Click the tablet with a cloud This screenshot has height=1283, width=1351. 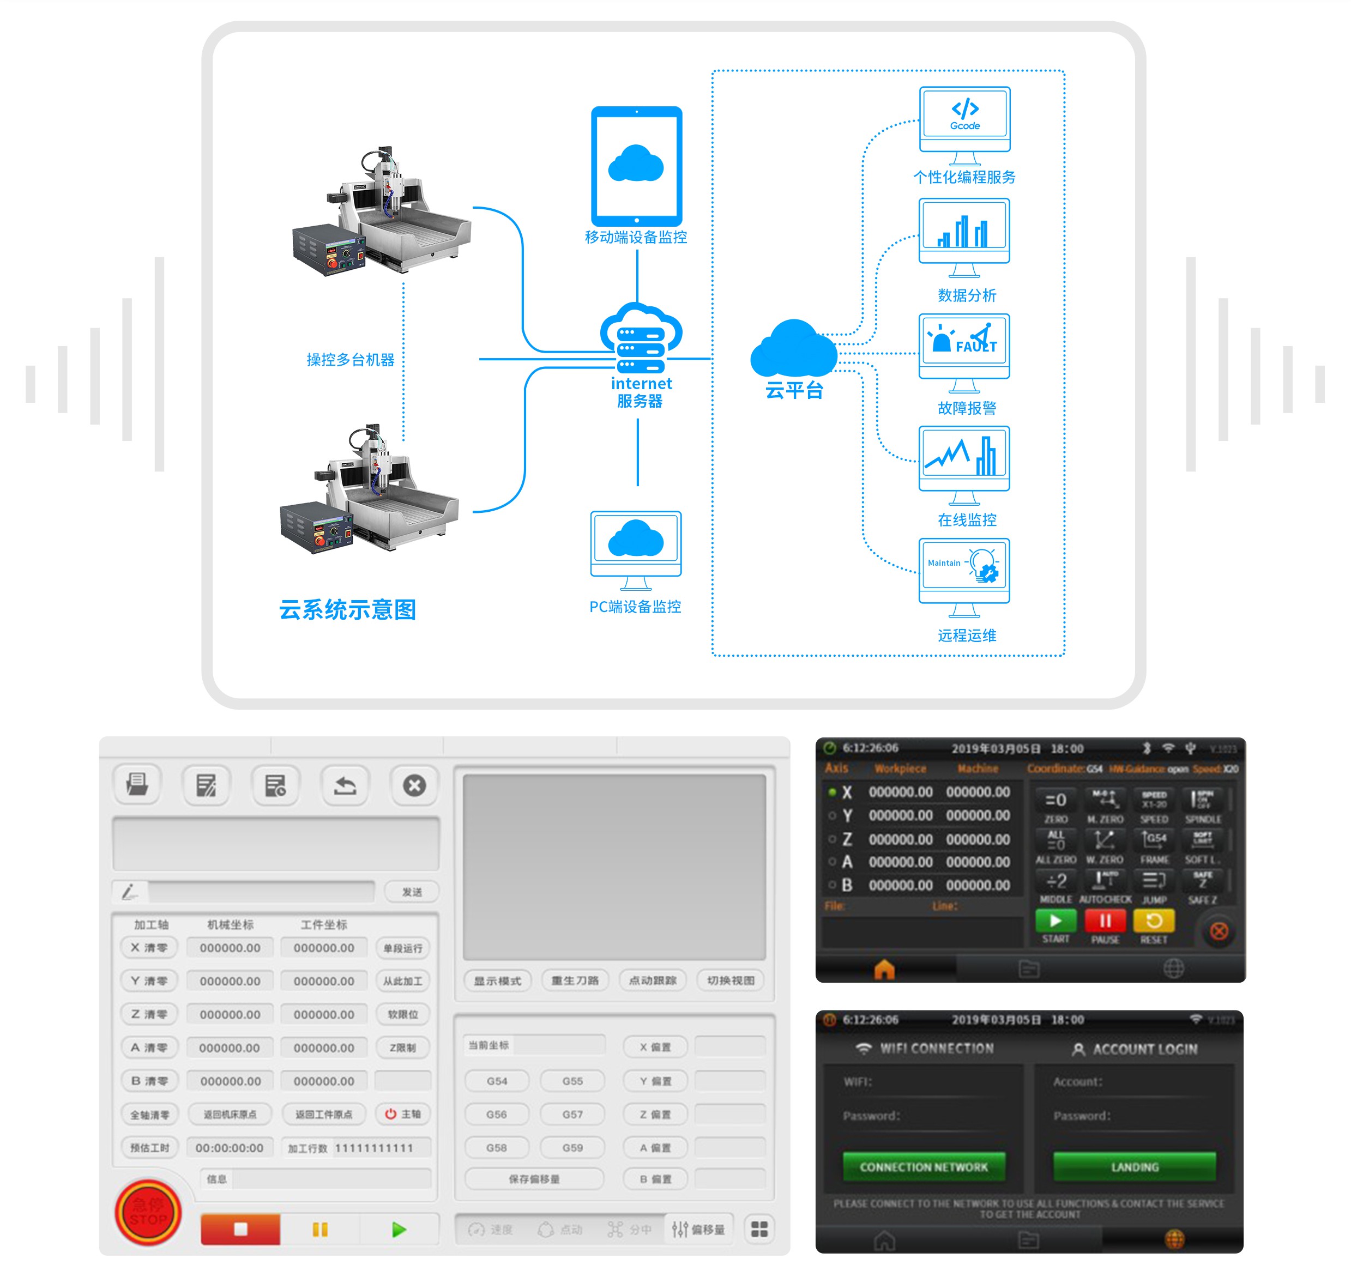[636, 166]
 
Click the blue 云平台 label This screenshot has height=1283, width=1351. [793, 390]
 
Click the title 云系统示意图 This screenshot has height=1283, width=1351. [347, 609]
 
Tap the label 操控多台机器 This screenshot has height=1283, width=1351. [350, 360]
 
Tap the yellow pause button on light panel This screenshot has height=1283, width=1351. [319, 1230]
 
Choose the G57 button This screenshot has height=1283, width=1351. [572, 1114]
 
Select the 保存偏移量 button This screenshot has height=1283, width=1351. [534, 1179]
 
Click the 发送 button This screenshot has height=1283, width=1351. [411, 892]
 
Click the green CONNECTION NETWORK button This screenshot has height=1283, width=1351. [924, 1167]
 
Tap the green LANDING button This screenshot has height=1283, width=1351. [1134, 1167]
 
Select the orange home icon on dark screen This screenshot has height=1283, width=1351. [884, 969]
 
